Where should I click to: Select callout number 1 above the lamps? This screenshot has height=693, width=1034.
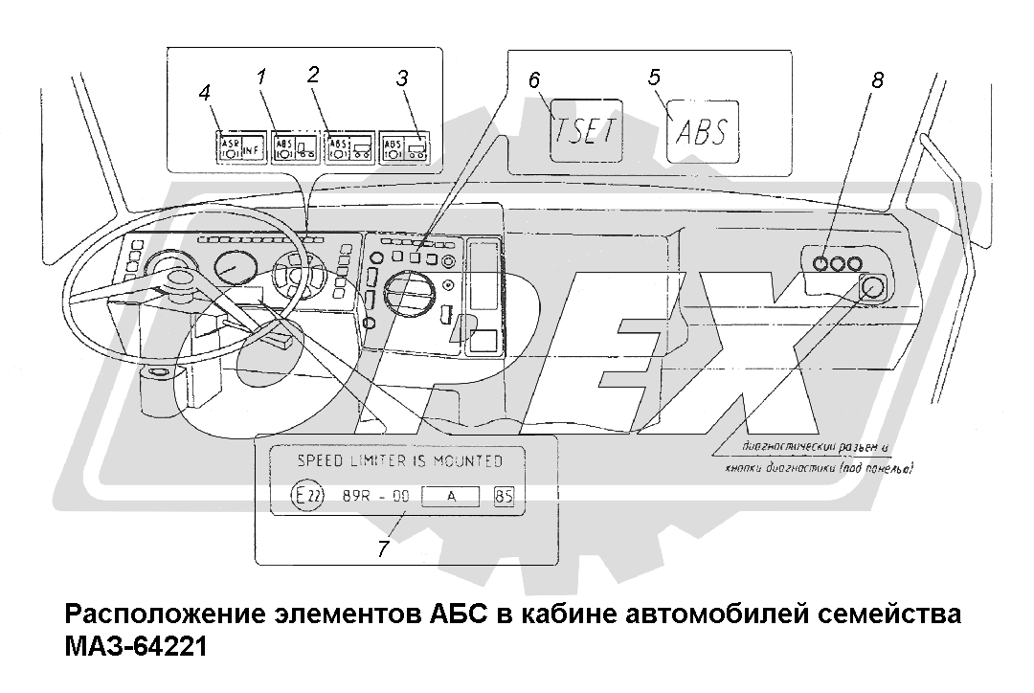[x=260, y=76]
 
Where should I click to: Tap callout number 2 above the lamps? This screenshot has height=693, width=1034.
[x=312, y=75]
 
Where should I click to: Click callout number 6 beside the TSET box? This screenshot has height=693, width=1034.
[x=534, y=80]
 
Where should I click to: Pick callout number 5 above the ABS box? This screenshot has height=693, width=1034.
[x=654, y=77]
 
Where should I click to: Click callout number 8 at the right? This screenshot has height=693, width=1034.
[x=877, y=81]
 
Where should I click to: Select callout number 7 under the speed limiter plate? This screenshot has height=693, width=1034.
[x=383, y=549]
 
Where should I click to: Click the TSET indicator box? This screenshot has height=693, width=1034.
[x=584, y=129]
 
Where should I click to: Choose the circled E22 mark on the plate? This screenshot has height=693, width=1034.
[x=309, y=497]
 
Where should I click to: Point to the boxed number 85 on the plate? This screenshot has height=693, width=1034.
[x=504, y=497]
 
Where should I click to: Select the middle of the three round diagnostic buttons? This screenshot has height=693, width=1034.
[x=839, y=264]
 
